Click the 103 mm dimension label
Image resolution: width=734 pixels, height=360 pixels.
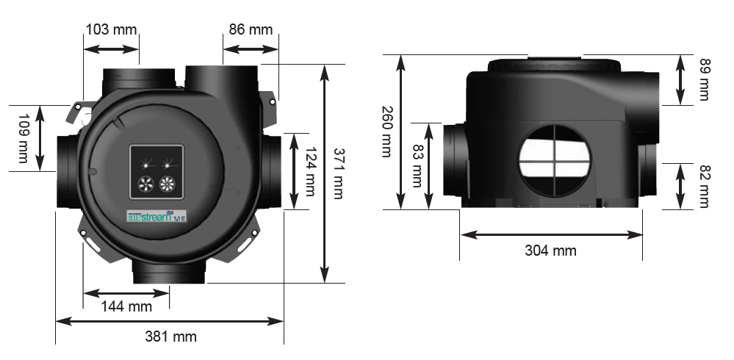[x=111, y=30]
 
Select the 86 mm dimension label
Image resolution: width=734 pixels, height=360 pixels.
[x=251, y=30]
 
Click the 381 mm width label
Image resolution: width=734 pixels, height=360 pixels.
[x=170, y=336]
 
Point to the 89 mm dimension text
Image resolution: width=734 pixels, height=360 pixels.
[x=704, y=79]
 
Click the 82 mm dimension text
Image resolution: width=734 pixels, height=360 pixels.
[x=704, y=185]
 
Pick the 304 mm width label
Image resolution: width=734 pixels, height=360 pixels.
[x=550, y=251]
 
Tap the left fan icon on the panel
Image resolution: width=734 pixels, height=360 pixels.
[x=144, y=184]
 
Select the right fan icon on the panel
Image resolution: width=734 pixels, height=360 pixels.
[x=168, y=184]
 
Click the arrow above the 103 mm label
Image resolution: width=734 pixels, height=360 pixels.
[x=111, y=49]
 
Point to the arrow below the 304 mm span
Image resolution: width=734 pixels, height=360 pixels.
[x=551, y=234]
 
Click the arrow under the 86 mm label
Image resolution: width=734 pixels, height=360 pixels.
[x=251, y=49]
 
